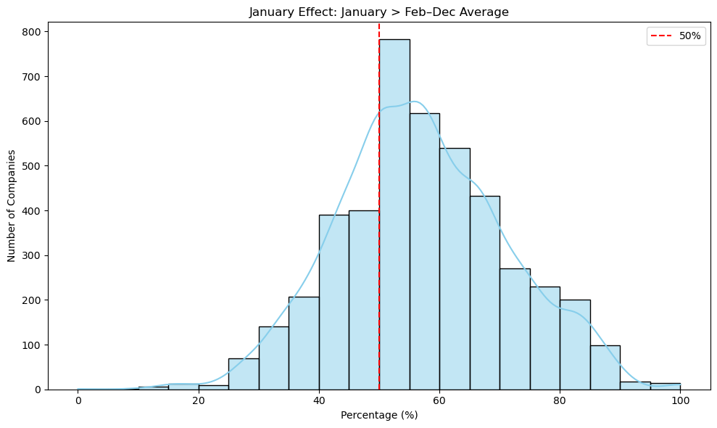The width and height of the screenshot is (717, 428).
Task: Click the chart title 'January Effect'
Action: (379, 12)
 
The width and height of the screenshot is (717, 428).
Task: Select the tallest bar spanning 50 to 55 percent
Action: (394, 218)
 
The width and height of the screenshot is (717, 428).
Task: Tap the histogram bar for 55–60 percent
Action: (424, 254)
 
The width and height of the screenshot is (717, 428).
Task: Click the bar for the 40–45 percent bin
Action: (334, 305)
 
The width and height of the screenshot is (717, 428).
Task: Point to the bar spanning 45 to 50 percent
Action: (364, 305)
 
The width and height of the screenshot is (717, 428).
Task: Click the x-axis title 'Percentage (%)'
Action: (379, 416)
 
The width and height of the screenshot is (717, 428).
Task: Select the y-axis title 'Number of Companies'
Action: (12, 206)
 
